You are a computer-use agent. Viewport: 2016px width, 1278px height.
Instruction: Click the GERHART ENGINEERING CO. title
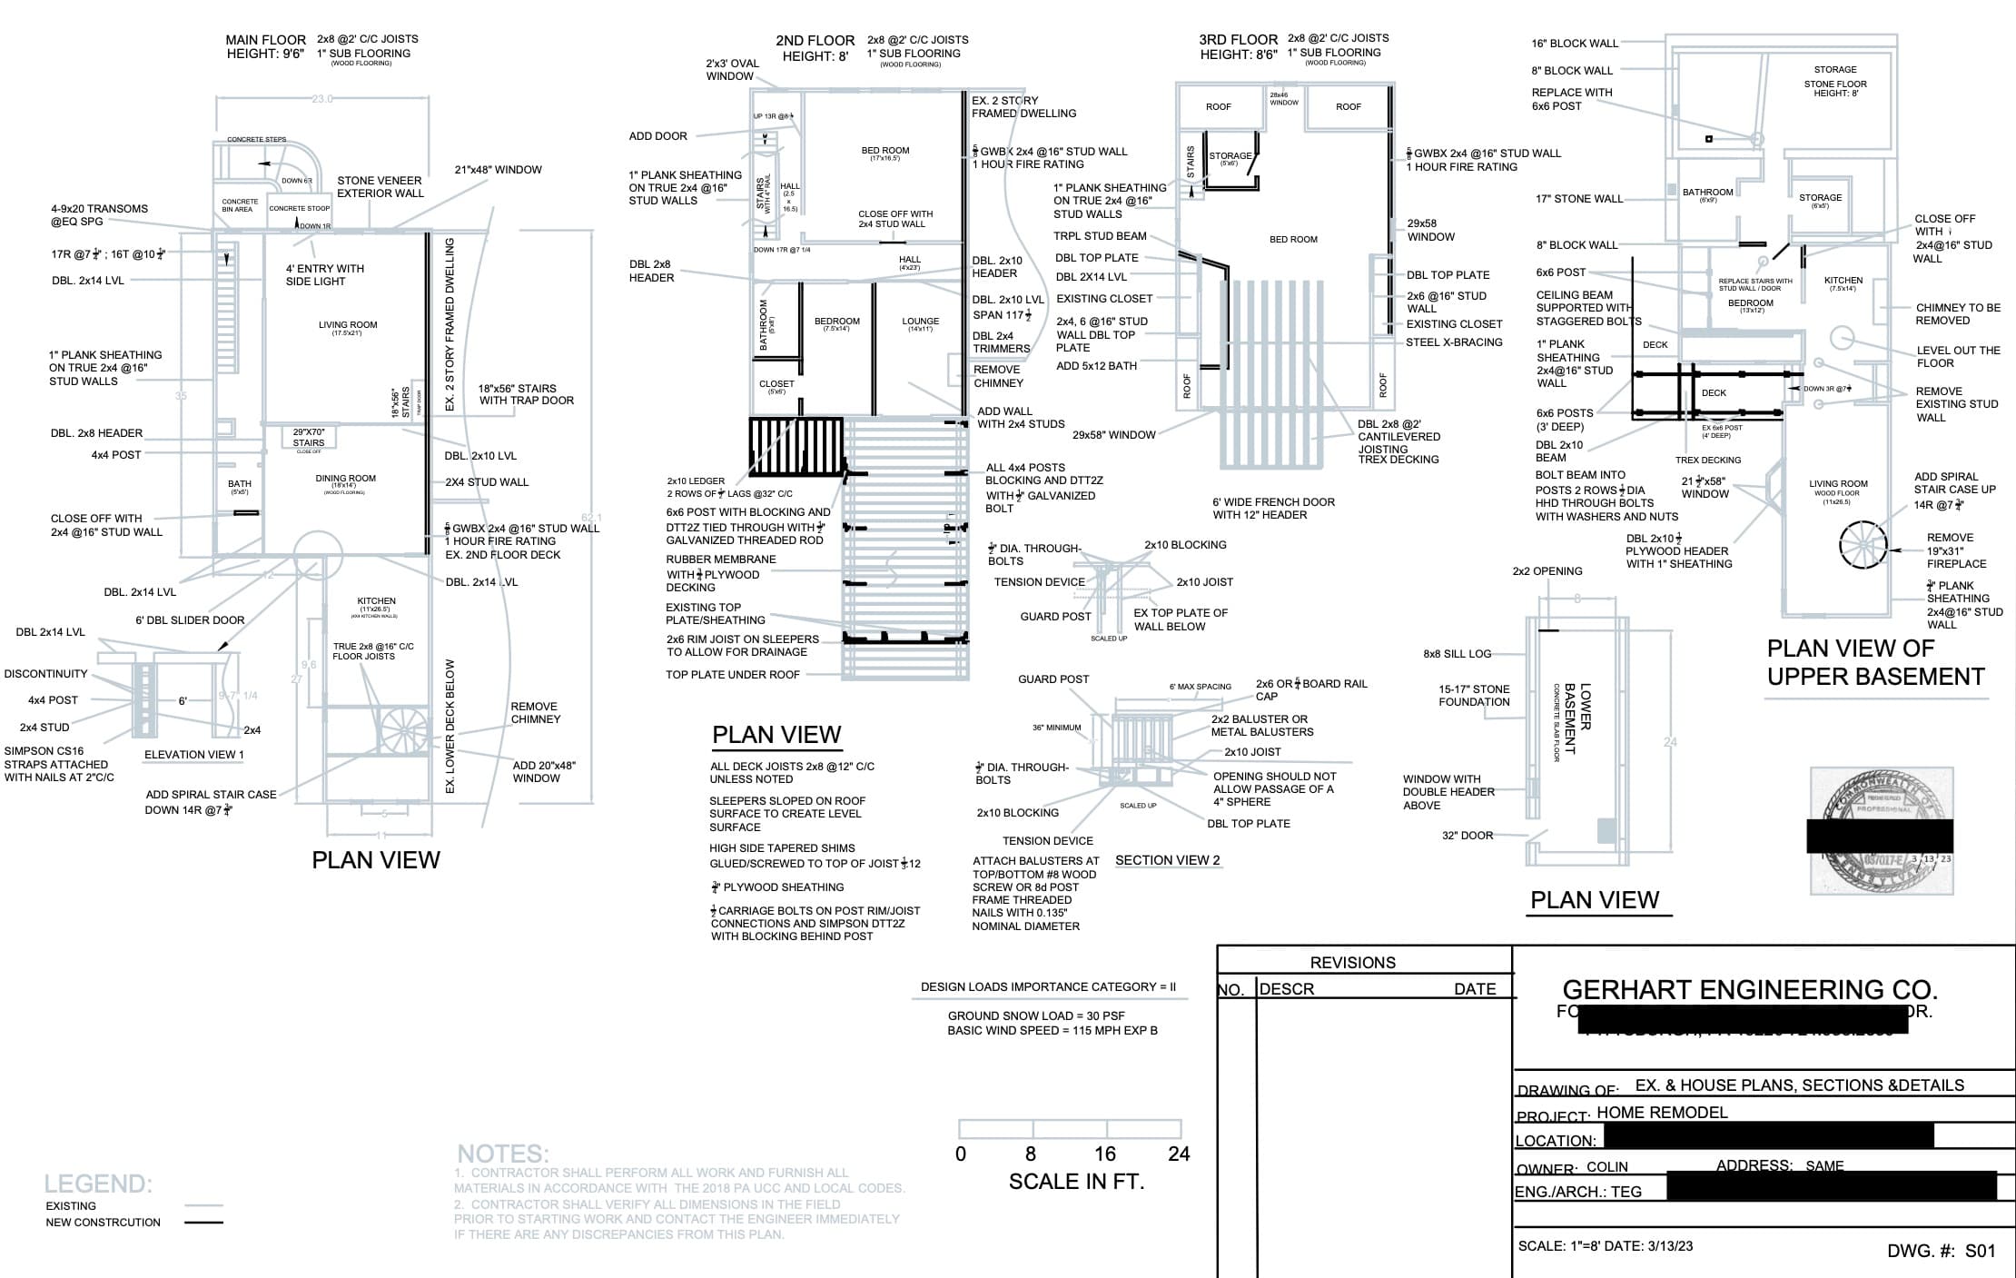[x=1749, y=989]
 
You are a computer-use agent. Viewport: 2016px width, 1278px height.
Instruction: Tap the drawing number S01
[x=1981, y=1251]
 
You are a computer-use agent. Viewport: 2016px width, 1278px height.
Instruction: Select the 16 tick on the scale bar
[x=1104, y=1154]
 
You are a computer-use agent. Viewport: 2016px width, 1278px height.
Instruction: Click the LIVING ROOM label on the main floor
[x=347, y=325]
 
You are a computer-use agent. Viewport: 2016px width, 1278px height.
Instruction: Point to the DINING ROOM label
[x=345, y=479]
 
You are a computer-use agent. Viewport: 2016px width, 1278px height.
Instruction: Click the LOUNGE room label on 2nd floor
[x=920, y=322]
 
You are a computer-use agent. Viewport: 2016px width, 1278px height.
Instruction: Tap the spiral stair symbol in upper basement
[x=1863, y=545]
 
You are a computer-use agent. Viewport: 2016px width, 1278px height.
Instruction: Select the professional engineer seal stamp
[x=1881, y=830]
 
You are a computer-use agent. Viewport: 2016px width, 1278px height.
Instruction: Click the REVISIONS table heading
[x=1352, y=963]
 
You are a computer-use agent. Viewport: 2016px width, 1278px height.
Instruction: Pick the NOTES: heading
[x=502, y=1154]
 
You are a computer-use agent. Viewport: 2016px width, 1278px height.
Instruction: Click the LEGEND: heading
[x=98, y=1184]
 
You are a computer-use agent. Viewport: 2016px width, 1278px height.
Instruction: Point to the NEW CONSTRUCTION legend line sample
[x=203, y=1223]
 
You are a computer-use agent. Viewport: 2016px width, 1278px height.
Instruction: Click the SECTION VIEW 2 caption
[x=1167, y=860]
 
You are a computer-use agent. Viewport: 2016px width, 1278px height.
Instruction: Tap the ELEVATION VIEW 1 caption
[x=193, y=755]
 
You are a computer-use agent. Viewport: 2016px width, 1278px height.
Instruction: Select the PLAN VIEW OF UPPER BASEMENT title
[x=1874, y=662]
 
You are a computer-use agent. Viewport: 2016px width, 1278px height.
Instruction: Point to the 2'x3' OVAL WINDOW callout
[x=732, y=70]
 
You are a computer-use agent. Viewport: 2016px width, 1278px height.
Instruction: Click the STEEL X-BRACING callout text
[x=1454, y=342]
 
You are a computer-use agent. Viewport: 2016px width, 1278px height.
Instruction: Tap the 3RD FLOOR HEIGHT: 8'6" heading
[x=1238, y=47]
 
